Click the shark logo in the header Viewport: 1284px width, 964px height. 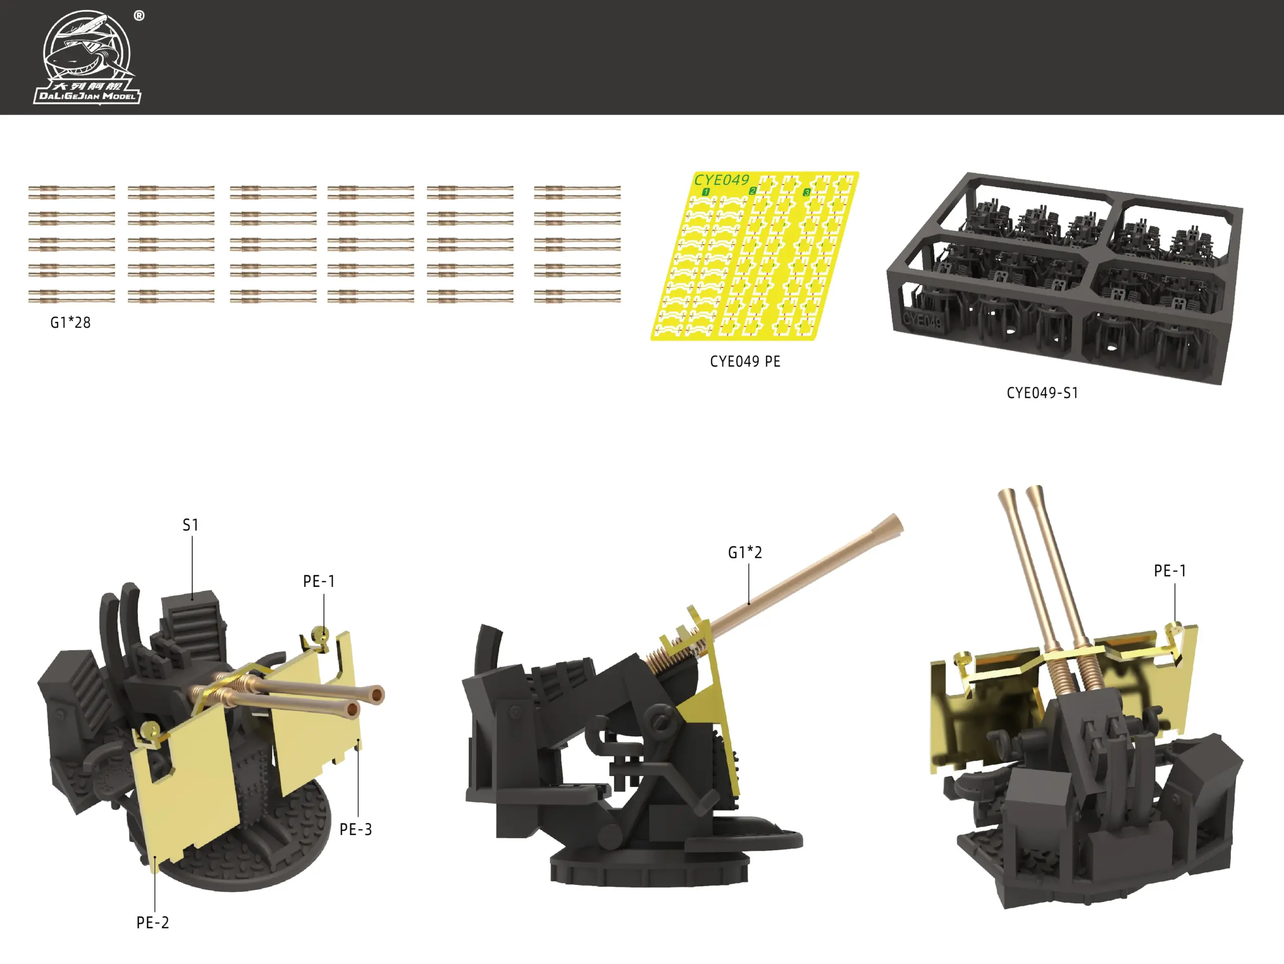(x=87, y=56)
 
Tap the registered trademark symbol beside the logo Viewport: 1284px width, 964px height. (x=139, y=16)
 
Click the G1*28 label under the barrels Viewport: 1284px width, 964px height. (x=70, y=323)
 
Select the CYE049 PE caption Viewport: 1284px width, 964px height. (x=745, y=362)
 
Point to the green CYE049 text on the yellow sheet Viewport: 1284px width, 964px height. (x=722, y=180)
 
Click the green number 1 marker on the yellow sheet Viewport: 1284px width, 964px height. (x=706, y=192)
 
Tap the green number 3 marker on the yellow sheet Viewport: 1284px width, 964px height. (x=807, y=192)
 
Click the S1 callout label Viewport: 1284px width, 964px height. (x=191, y=525)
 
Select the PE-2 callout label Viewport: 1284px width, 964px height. (x=152, y=923)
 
